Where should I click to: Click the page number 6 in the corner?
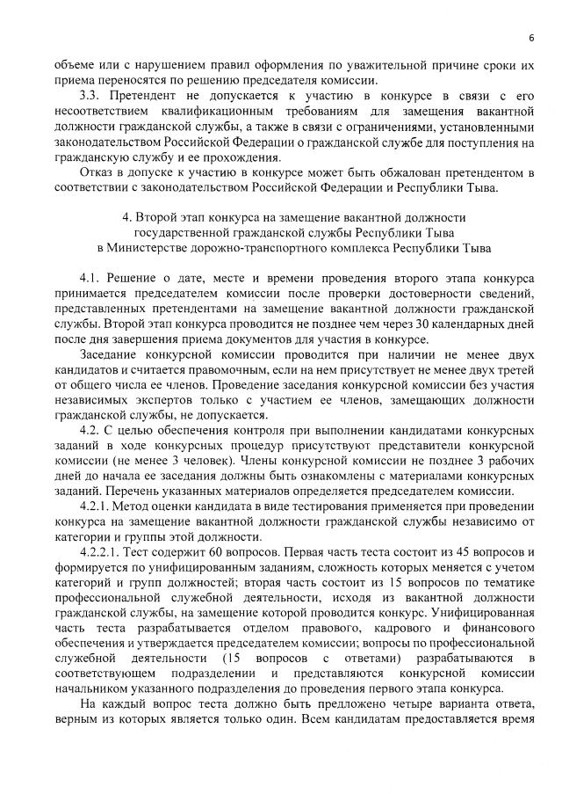pyautogui.click(x=531, y=37)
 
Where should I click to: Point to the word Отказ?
pyautogui.click(x=96, y=172)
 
